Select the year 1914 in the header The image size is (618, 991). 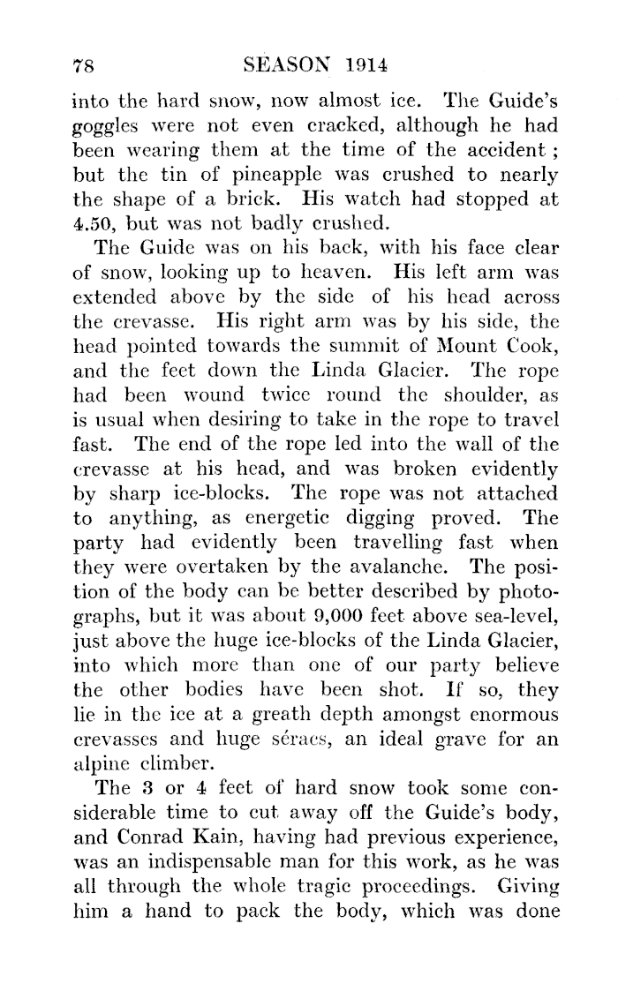click(370, 65)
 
